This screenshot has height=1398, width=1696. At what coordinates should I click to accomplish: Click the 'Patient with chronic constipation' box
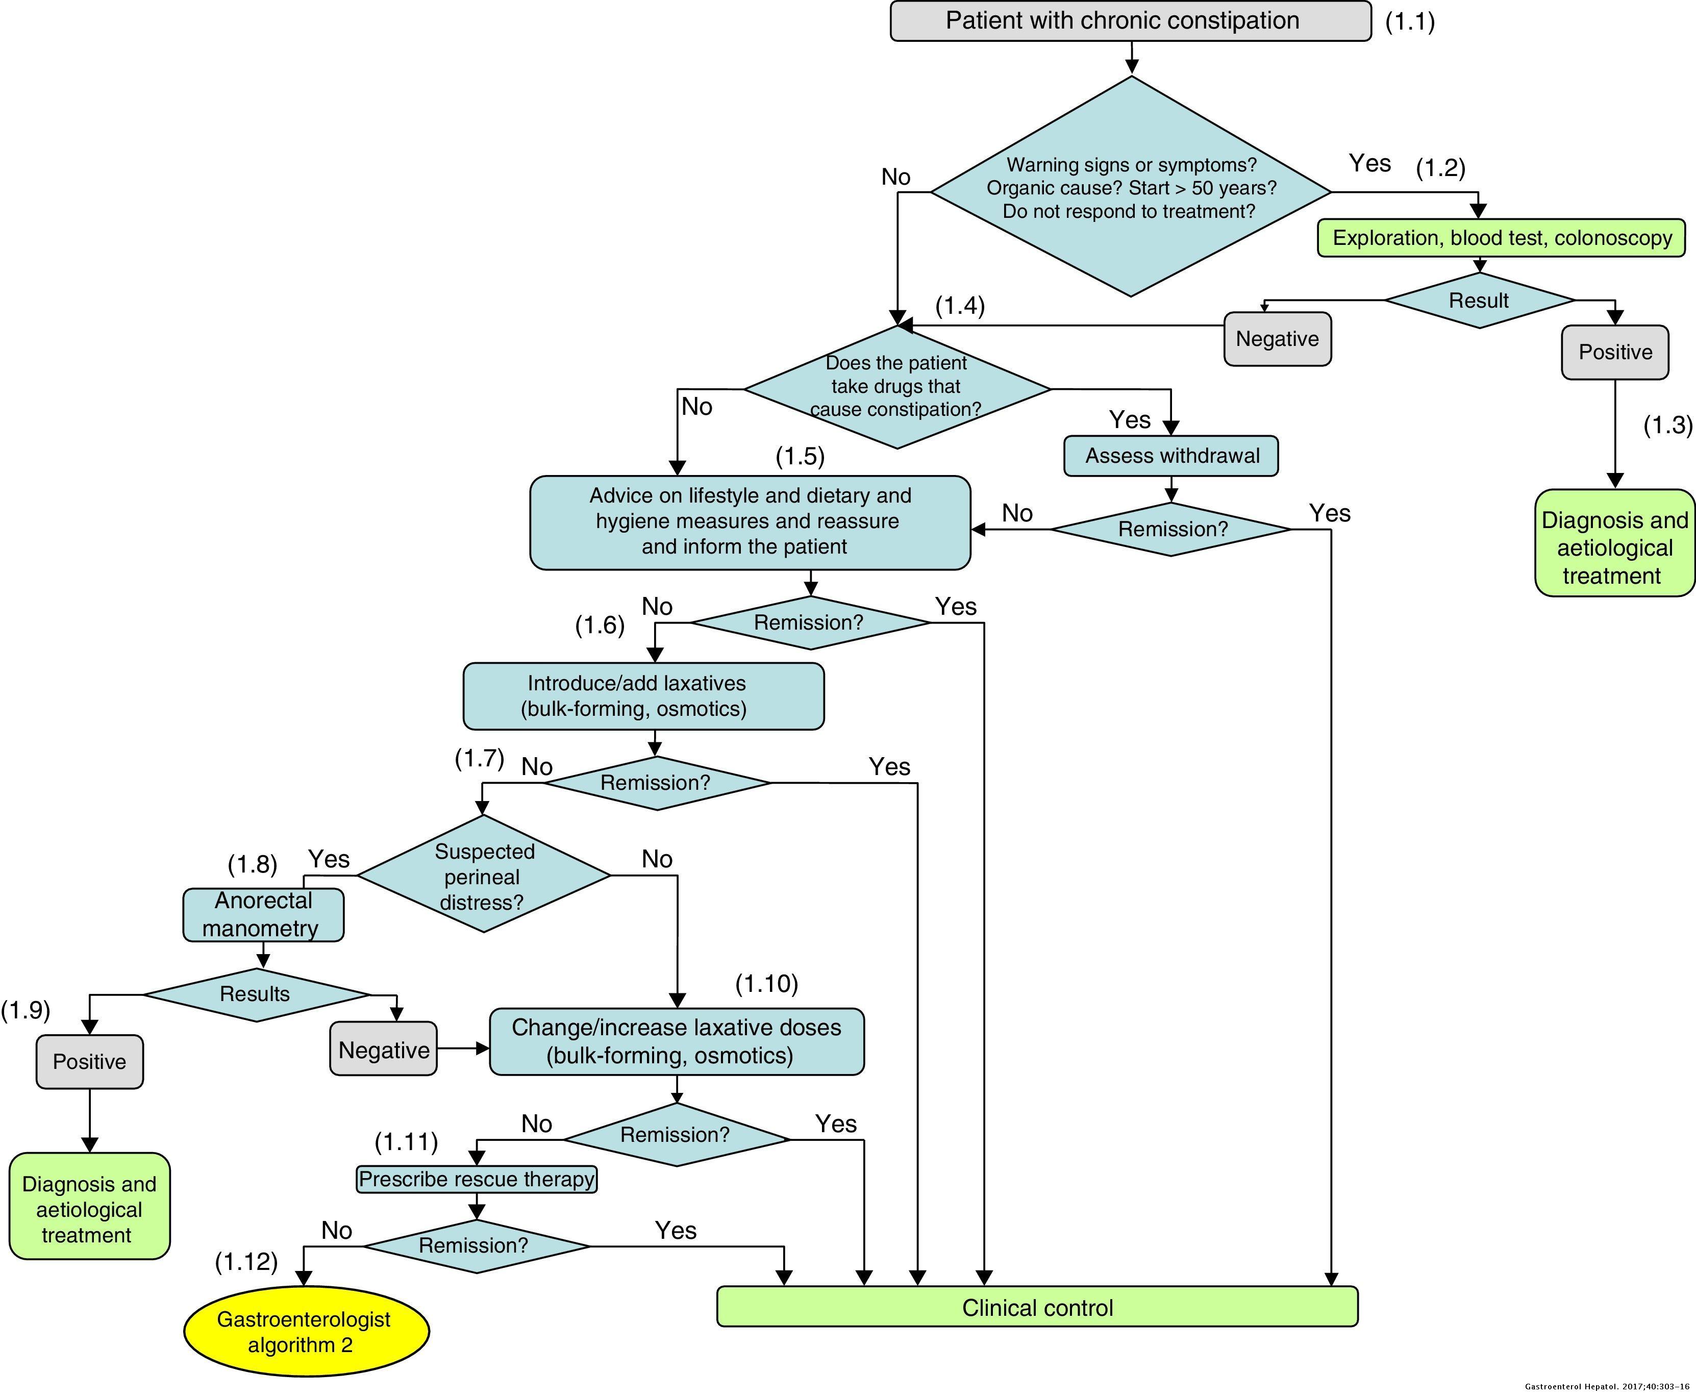click(x=1130, y=21)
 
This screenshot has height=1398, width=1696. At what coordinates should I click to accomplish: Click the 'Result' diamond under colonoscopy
click(x=1479, y=301)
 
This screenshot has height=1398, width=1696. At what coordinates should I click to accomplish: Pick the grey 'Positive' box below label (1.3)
click(x=1615, y=353)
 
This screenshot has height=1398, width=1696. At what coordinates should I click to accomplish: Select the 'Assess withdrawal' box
click(x=1171, y=456)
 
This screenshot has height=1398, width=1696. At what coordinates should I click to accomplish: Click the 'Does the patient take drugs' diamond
click(x=896, y=387)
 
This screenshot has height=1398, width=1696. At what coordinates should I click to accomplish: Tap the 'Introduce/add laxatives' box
click(x=643, y=696)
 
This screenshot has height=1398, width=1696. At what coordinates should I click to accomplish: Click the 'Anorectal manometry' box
click(x=263, y=915)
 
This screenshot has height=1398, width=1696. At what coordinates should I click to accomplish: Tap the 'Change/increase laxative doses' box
click(x=677, y=1041)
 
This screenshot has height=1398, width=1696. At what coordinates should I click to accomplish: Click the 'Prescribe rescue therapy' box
click(x=477, y=1179)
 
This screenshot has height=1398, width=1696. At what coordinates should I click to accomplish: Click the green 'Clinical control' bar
click(x=1037, y=1308)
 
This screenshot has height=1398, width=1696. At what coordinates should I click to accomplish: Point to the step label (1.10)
click(x=767, y=983)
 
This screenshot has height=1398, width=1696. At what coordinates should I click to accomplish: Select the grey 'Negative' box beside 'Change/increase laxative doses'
click(x=383, y=1050)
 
